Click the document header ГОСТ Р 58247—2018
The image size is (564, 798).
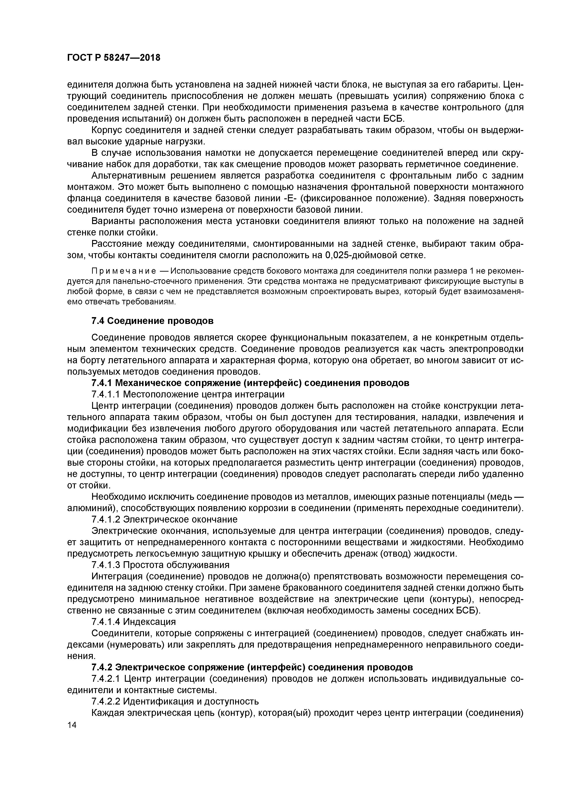click(x=114, y=58)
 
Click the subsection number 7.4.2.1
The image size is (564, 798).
click(x=106, y=678)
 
